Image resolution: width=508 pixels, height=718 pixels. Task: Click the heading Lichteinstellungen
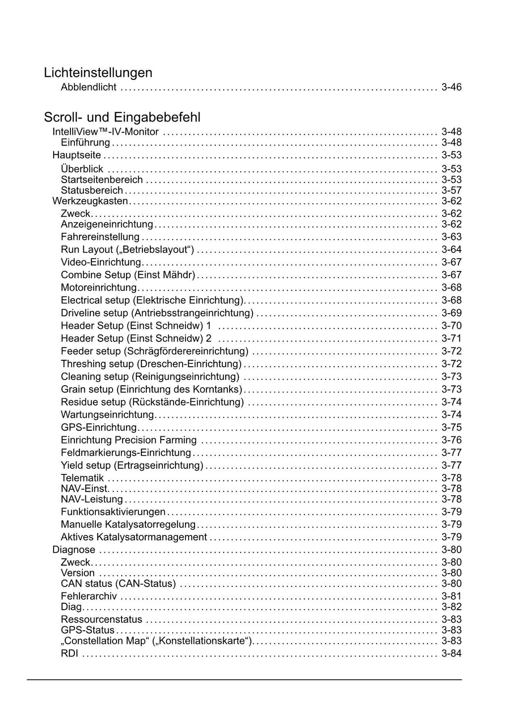pyautogui.click(x=98, y=73)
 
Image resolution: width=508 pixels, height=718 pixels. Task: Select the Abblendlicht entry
pyautogui.click(x=88, y=87)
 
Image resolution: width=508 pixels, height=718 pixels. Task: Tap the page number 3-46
pyautogui.click(x=451, y=87)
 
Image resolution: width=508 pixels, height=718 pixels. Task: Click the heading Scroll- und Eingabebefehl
pyautogui.click(x=122, y=118)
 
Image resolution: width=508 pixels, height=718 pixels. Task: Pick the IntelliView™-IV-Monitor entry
pyautogui.click(x=105, y=132)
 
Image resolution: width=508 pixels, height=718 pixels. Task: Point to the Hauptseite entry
pyautogui.click(x=76, y=155)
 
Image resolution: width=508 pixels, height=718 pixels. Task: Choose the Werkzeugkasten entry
pyautogui.click(x=90, y=201)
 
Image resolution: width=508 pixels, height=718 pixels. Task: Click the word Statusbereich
pyautogui.click(x=92, y=191)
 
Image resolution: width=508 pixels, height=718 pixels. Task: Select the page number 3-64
pyautogui.click(x=451, y=250)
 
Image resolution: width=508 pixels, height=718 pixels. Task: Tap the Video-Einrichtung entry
pyautogui.click(x=101, y=262)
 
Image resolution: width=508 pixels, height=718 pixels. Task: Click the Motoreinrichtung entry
pyautogui.click(x=98, y=288)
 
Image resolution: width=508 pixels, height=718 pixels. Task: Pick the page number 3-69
pyautogui.click(x=451, y=313)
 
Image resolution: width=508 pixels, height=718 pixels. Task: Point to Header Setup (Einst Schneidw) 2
pyautogui.click(x=136, y=338)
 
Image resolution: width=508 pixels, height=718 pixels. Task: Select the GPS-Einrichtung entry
pyautogui.click(x=98, y=427)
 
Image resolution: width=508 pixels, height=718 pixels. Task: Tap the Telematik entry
pyautogui.click(x=82, y=478)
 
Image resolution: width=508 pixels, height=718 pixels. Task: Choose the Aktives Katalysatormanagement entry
pyautogui.click(x=133, y=537)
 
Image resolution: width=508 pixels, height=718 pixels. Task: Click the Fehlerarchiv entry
pyautogui.click(x=89, y=596)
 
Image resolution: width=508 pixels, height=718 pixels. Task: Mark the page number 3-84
pyautogui.click(x=451, y=653)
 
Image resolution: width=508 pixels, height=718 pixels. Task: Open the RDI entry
pyautogui.click(x=69, y=653)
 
